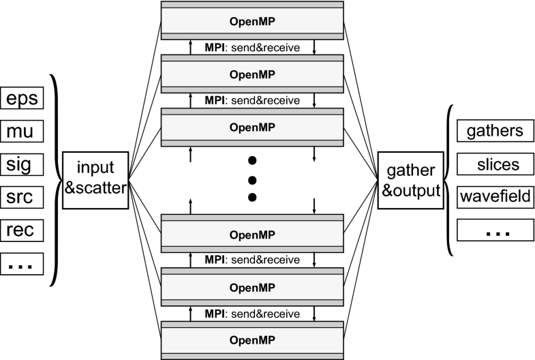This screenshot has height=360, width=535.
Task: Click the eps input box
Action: coord(22,97)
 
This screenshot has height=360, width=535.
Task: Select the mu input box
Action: coord(22,130)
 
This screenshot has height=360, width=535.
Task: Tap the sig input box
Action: coord(22,164)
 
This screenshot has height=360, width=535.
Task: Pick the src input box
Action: coord(22,197)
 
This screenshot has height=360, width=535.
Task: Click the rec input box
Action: coord(22,230)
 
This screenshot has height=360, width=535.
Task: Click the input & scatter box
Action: coord(95,179)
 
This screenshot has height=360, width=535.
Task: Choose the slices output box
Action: coord(491,164)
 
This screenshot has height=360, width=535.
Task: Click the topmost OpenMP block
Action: coord(252,19)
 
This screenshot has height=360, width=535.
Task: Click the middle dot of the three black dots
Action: coord(252,179)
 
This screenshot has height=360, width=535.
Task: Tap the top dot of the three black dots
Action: coord(252,162)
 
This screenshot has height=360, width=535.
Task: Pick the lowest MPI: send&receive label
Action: coord(252,314)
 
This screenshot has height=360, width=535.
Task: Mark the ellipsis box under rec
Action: coord(22,264)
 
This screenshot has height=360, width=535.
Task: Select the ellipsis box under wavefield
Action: coord(491,231)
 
